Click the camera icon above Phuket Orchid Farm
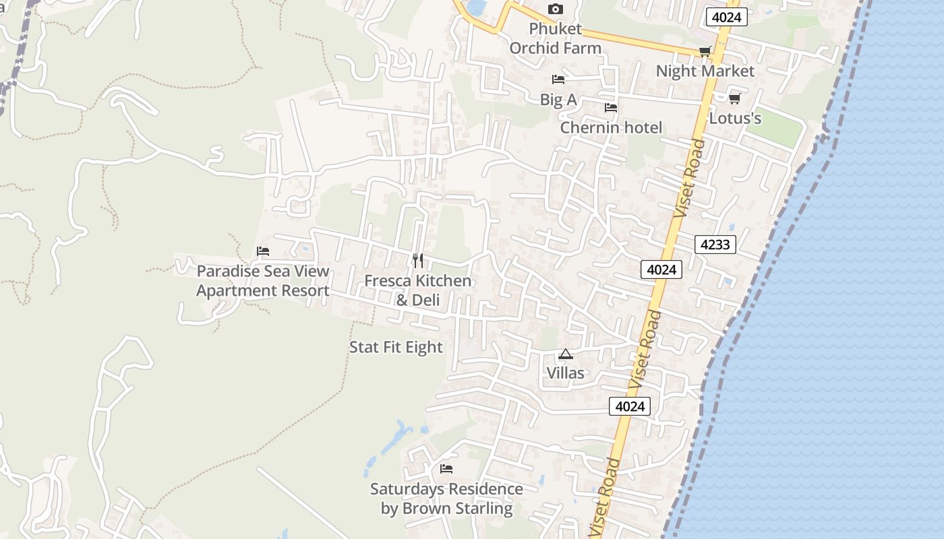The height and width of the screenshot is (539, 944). coord(556,9)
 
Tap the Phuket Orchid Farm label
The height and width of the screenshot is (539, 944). coord(556,38)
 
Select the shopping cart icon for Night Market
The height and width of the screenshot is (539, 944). coord(705,52)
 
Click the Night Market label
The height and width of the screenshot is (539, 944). coord(705,71)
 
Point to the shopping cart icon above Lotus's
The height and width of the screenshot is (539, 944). coord(735,98)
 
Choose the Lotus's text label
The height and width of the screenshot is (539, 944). coord(735,118)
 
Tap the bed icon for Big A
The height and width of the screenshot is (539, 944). coord(558,80)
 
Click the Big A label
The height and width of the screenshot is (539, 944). coord(558,100)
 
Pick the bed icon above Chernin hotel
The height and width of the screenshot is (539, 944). coord(611,108)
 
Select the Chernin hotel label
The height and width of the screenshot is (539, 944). coord(611,127)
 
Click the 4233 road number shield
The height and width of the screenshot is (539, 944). coord(715,245)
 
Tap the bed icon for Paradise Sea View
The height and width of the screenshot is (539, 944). coord(263,251)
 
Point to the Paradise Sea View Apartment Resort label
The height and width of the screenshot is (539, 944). coord(263,281)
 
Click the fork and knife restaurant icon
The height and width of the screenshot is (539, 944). coord(418,261)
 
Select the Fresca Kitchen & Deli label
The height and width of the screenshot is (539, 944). coord(418,290)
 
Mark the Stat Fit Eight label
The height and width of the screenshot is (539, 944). coord(396,347)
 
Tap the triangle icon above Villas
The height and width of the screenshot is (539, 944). coord(566,354)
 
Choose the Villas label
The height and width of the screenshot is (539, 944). coord(566,373)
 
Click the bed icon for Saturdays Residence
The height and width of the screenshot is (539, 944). coord(446,469)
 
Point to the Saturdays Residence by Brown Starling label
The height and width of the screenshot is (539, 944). coord(446,499)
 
